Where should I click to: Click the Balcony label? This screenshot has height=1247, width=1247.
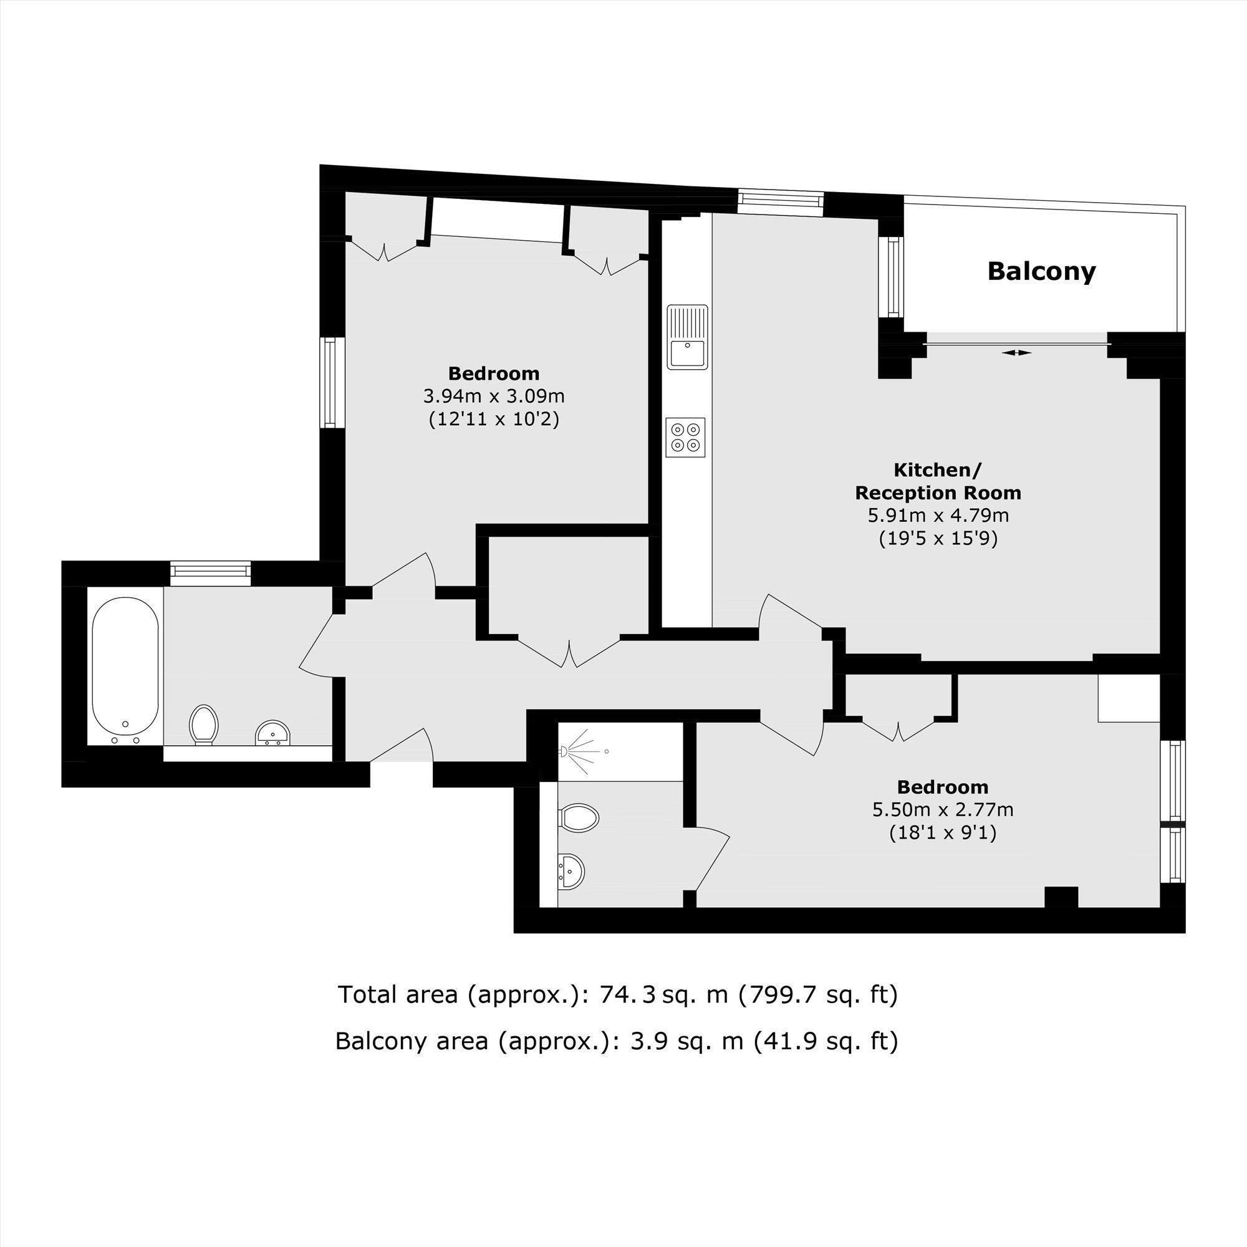tap(1041, 272)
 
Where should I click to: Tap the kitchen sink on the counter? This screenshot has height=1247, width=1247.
tap(686, 337)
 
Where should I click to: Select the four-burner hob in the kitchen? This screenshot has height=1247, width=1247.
tap(685, 437)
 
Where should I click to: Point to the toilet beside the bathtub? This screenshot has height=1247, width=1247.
tap(204, 723)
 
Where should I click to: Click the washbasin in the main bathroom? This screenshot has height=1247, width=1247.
tap(272, 733)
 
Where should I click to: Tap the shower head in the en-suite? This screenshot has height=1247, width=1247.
tap(564, 751)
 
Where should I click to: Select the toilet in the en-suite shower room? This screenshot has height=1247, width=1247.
tap(579, 819)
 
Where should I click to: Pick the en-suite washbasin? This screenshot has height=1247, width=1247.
tap(571, 872)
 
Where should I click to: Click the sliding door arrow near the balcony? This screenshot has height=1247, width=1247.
tap(1017, 352)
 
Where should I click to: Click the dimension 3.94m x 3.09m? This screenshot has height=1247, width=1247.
tap(494, 396)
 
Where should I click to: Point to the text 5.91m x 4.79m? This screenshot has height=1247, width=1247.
tap(938, 516)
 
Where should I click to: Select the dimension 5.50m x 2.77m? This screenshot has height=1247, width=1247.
tap(942, 809)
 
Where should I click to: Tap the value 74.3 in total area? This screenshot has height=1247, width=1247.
tap(627, 994)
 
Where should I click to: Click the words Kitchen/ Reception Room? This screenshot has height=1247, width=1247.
tap(938, 481)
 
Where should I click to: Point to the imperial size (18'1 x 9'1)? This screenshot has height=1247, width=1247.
tap(942, 832)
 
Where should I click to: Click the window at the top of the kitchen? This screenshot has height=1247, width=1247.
tap(781, 203)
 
